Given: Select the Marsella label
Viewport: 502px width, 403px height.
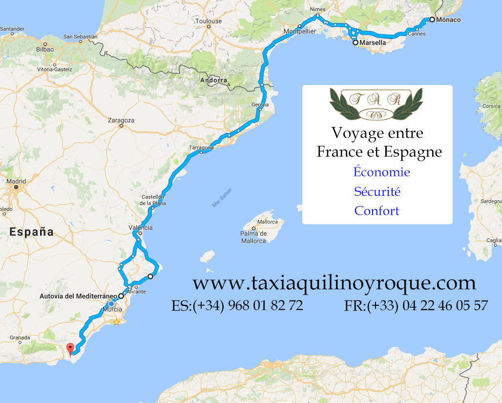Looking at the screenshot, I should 372,43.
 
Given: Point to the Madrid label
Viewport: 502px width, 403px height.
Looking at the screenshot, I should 16,181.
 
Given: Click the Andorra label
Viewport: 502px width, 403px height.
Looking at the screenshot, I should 213,80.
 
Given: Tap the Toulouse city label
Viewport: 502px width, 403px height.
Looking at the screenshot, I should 209,21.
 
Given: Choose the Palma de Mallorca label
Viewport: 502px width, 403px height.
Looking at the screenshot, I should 253,237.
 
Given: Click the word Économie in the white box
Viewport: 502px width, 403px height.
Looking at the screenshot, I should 381,172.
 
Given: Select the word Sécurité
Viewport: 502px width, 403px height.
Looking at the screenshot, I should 377,191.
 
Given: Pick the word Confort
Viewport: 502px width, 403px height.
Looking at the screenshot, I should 376,211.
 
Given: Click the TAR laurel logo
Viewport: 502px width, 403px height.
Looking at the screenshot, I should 376,104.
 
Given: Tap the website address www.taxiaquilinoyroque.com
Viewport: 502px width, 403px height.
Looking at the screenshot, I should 334,283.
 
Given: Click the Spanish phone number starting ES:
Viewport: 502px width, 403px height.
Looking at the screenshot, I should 237,306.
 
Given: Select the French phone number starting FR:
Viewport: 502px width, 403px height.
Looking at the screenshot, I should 416,306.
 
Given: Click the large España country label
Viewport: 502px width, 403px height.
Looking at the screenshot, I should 31,232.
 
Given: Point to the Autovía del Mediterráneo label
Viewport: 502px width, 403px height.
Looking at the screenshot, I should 78,296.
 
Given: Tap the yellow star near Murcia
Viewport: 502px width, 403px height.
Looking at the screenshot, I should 117,322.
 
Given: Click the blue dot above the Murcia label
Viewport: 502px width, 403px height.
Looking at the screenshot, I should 111,303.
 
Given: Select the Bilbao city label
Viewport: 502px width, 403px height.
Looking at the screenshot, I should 45,49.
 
